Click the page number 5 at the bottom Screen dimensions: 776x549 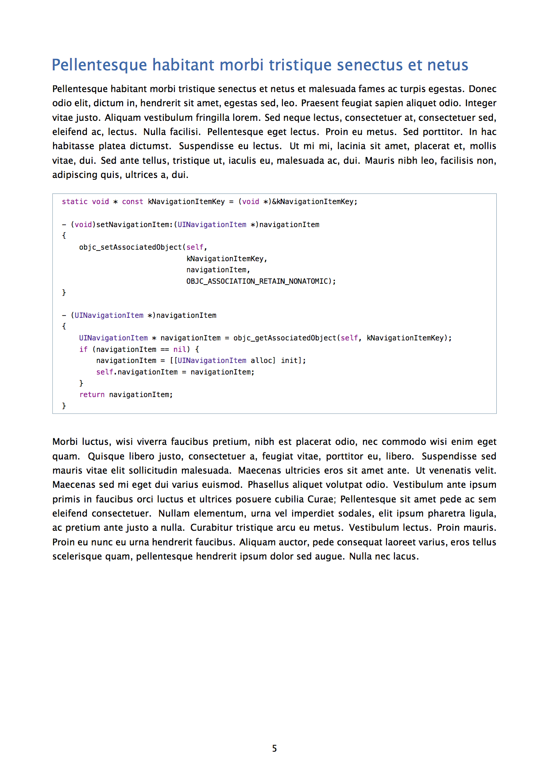(274, 748)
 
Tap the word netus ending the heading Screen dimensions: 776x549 (448, 65)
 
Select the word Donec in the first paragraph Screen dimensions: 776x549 (483, 89)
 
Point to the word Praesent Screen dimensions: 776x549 (319, 103)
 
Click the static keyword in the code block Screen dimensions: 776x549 (74, 202)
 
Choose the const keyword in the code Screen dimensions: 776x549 (132, 202)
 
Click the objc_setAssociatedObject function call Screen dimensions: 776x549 (131, 247)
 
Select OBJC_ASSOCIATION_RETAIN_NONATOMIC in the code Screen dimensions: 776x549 (259, 282)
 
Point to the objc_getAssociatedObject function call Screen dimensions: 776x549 (285, 338)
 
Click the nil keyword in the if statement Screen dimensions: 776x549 (179, 350)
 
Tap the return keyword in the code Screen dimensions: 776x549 (92, 395)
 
